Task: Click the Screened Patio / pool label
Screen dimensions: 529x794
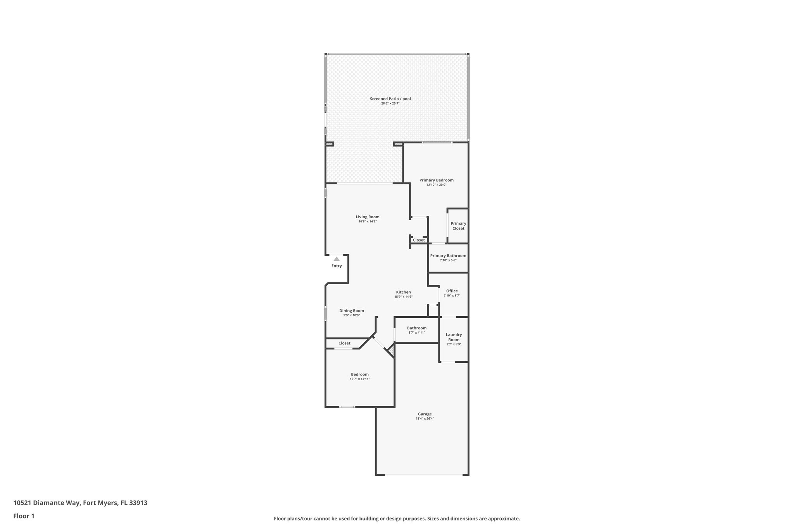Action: [x=390, y=99]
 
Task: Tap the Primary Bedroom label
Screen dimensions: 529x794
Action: [x=436, y=180]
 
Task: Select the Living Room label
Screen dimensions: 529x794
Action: [x=368, y=217]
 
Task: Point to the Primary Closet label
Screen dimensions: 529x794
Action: [x=458, y=226]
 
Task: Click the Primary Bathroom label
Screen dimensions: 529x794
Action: [x=448, y=256]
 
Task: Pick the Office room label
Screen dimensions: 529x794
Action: [x=452, y=291]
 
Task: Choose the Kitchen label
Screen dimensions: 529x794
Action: [x=403, y=292]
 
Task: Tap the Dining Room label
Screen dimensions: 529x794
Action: [x=352, y=311]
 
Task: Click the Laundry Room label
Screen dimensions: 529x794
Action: [x=454, y=337]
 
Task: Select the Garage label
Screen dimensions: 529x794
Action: [x=425, y=414]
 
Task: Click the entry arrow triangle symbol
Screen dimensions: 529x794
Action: [x=337, y=259]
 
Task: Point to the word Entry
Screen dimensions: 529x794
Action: [x=337, y=266]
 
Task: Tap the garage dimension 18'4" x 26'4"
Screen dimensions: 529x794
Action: [x=425, y=419]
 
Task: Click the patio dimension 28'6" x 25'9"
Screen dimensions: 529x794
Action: [x=390, y=103]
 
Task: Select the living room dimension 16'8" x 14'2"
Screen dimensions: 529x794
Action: [x=368, y=222]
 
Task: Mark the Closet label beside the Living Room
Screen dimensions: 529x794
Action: [x=419, y=240]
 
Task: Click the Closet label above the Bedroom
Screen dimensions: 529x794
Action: [x=344, y=343]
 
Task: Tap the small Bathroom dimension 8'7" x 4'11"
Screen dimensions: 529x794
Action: [x=417, y=333]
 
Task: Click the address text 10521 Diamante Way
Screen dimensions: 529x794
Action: [x=47, y=503]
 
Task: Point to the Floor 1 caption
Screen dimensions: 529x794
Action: [x=24, y=516]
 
